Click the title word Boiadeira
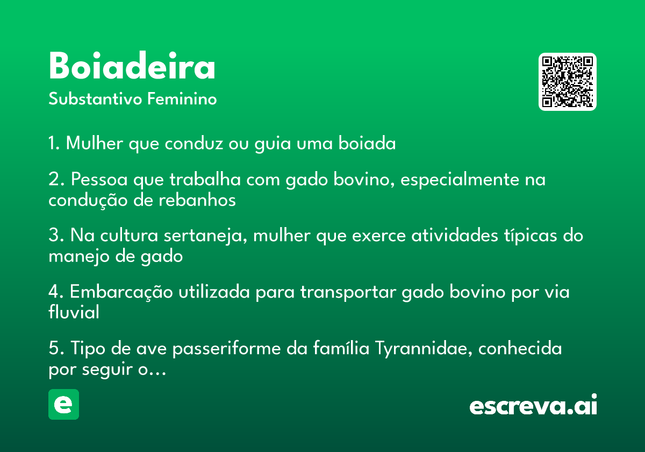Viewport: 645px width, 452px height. click(x=132, y=65)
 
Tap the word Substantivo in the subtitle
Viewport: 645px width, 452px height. click(x=95, y=98)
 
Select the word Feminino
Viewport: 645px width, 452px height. click(x=182, y=98)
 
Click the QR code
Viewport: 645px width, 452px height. click(x=567, y=82)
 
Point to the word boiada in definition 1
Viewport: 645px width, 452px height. click(x=367, y=143)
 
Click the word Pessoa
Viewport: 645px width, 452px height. click(x=99, y=179)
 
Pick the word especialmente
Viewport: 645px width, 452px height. click(x=459, y=180)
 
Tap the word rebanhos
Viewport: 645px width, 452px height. click(x=197, y=200)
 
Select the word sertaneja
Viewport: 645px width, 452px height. click(x=205, y=236)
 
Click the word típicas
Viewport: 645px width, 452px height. click(x=531, y=236)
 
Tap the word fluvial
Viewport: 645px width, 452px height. click(x=74, y=312)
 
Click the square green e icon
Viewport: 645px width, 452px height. click(x=63, y=404)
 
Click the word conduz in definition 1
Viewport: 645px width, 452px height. click(x=194, y=143)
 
